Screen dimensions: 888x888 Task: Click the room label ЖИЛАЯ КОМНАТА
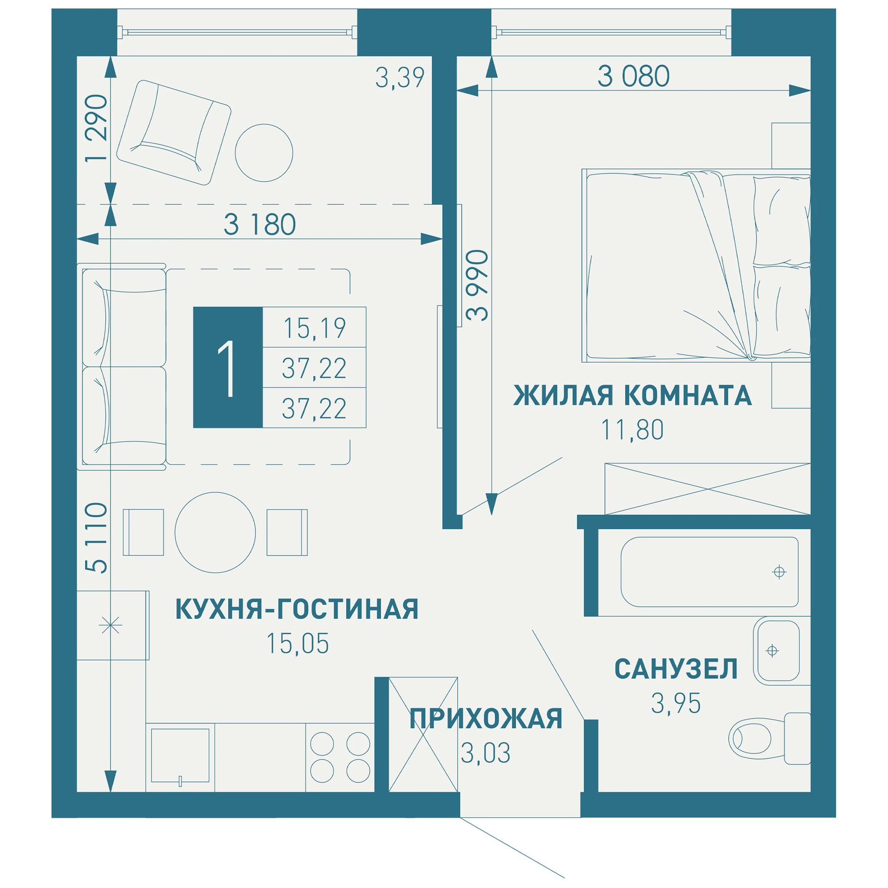click(x=632, y=395)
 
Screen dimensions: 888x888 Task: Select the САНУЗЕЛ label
click(x=676, y=669)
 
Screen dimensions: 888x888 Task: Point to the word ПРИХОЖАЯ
click(x=486, y=719)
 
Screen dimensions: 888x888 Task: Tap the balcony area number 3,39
click(x=400, y=78)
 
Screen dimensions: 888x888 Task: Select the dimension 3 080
click(x=634, y=76)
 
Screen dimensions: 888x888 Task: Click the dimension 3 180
click(x=260, y=225)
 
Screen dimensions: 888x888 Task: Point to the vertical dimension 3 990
click(x=476, y=285)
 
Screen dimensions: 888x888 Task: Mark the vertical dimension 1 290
click(x=96, y=128)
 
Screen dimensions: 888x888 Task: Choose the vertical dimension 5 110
click(x=96, y=538)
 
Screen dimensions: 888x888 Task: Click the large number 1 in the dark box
click(x=226, y=368)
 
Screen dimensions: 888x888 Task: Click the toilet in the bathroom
click(x=769, y=739)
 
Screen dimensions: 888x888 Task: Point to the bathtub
click(x=710, y=572)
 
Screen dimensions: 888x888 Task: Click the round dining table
click(x=215, y=533)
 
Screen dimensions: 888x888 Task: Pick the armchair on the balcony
click(x=174, y=133)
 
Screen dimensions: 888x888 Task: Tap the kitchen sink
click(x=180, y=756)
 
